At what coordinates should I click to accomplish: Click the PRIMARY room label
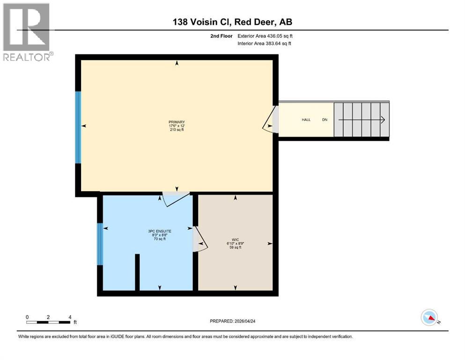coord(177,122)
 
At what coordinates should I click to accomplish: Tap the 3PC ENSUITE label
coord(160,231)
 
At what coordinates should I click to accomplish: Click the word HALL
coord(306,120)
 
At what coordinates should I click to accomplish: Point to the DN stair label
coord(325,120)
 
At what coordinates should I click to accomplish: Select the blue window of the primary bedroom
coord(78,127)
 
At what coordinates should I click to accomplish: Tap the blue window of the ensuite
coord(99,244)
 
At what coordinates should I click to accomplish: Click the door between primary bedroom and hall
coord(275,120)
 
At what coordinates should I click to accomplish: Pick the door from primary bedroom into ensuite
coord(176,197)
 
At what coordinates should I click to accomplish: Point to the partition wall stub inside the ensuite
coord(137,272)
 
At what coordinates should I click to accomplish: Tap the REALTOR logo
coord(27,32)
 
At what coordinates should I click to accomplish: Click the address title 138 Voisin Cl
coord(232,22)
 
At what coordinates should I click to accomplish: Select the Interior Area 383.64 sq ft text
coord(264,44)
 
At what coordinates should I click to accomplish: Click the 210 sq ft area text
coord(177,129)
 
